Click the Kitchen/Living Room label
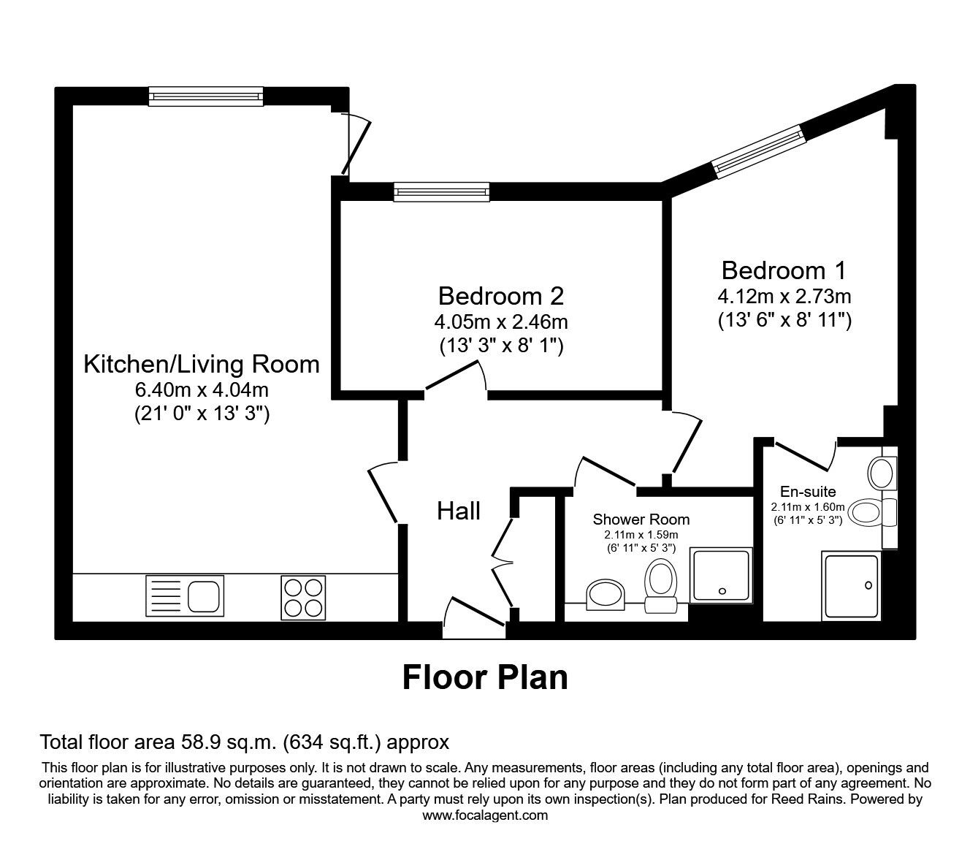pos(202,364)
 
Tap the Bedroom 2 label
pos(501,296)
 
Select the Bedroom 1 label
pos(784,270)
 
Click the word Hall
pos(459,511)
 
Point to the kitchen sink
pos(186,595)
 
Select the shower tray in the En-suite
pos(852,587)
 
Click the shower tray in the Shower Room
pos(721,576)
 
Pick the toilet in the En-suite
pos(869,512)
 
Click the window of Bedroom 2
pos(441,191)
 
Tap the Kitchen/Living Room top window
pos(205,96)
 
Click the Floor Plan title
pos(485,677)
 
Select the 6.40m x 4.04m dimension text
pos(202,390)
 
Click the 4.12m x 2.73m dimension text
pos(784,297)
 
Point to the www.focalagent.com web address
pos(485,815)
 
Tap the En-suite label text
pos(808,492)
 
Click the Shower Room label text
pos(641,520)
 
